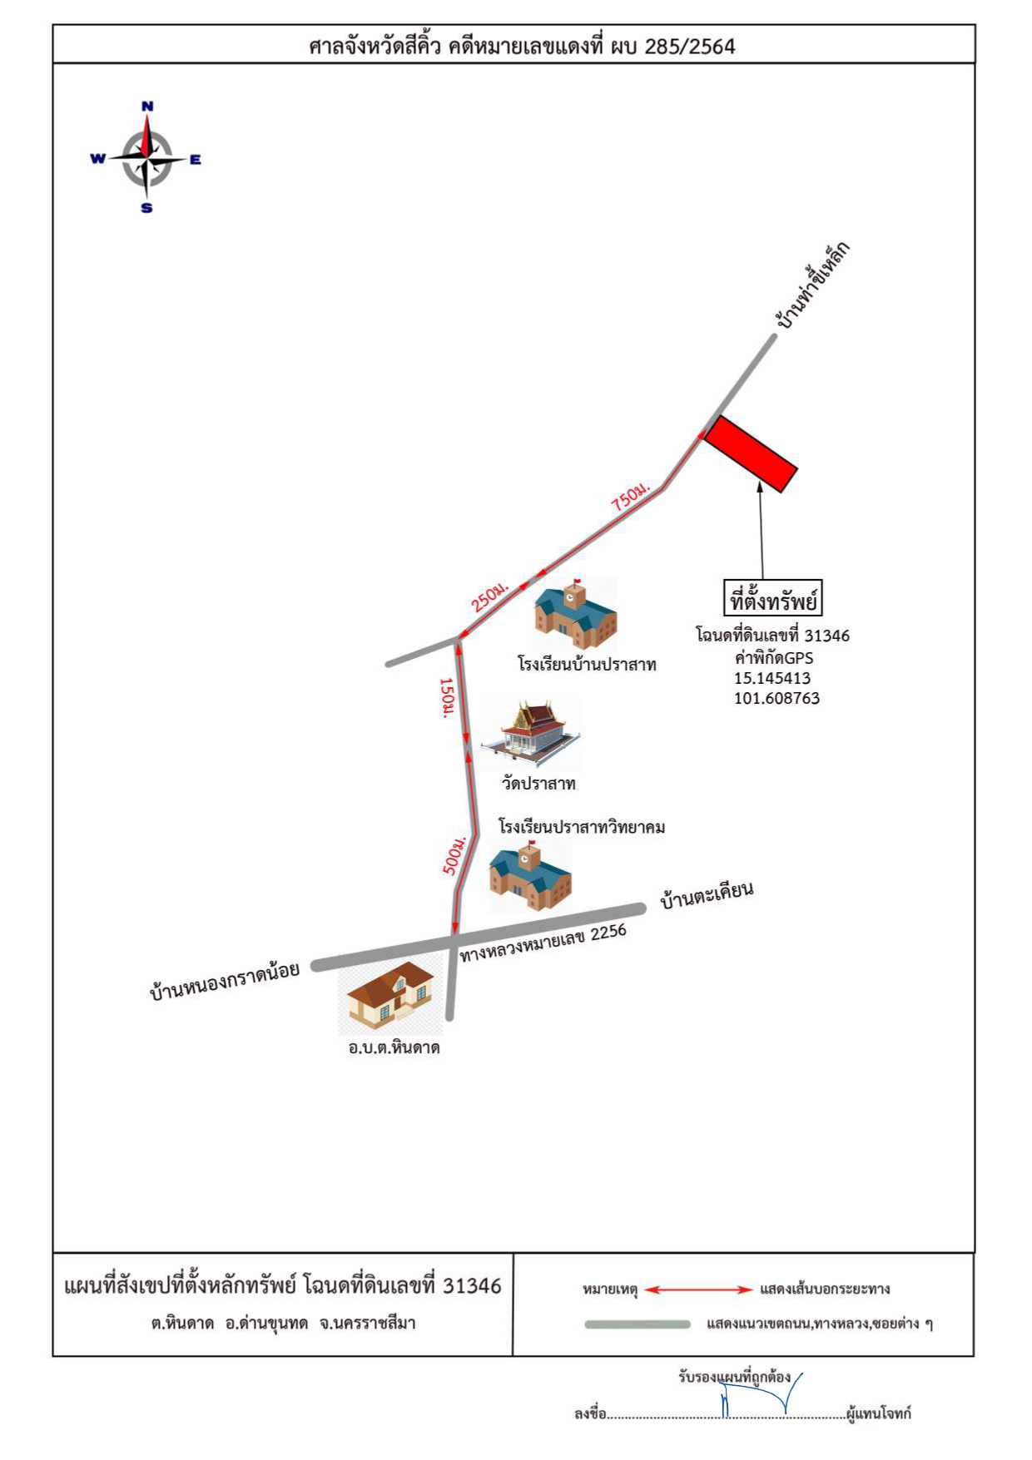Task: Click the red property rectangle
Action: tap(751, 453)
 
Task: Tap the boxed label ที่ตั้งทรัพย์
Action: tap(773, 598)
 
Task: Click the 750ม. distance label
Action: tap(630, 497)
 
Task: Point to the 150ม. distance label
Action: tap(447, 698)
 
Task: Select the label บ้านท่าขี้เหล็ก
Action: tap(811, 285)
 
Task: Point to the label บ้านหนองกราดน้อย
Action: tap(224, 980)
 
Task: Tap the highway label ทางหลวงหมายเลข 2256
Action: tap(543, 943)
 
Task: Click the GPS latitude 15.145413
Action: tap(772, 678)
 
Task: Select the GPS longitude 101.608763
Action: tap(776, 698)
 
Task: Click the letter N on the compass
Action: tap(147, 106)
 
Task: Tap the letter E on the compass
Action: tap(196, 159)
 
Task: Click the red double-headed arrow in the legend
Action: tap(698, 1289)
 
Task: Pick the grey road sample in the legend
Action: tap(638, 1324)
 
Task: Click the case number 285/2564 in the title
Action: tap(690, 47)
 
